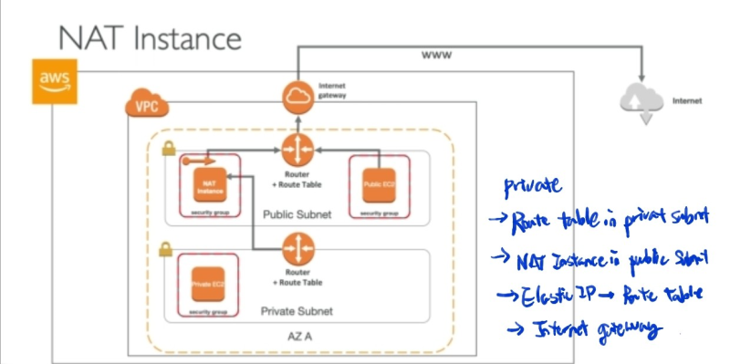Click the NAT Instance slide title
pos(150,38)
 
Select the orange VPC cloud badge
pos(143,105)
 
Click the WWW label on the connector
pos(436,56)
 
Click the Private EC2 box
pos(206,284)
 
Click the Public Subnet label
pos(297,215)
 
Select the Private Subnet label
pos(297,311)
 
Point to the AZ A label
pos(297,337)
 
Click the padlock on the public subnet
pos(168,150)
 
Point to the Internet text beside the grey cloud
pos(686,101)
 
